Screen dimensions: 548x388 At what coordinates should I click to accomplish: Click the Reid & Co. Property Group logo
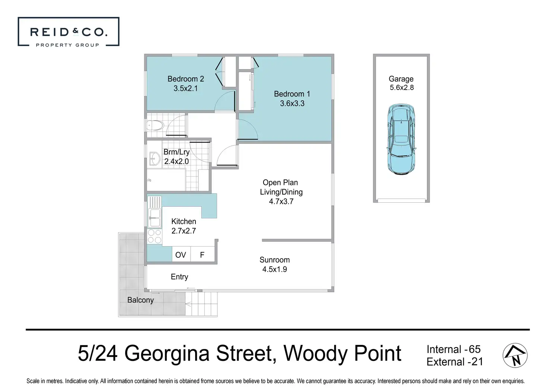click(x=68, y=32)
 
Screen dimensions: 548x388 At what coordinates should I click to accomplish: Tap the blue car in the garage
click(x=401, y=139)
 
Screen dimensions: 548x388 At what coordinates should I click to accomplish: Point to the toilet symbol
click(x=155, y=126)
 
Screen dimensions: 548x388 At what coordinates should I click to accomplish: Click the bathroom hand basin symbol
click(x=154, y=158)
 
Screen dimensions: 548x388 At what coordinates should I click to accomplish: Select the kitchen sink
click(x=154, y=212)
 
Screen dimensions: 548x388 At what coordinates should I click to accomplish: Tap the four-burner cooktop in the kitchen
click(x=154, y=236)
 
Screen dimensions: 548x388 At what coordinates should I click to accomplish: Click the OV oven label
click(x=181, y=255)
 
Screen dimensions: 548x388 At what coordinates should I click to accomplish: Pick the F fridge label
click(x=202, y=255)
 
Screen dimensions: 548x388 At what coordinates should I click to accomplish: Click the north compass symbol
click(x=515, y=356)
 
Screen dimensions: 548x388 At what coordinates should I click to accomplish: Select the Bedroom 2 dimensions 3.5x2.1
click(x=186, y=88)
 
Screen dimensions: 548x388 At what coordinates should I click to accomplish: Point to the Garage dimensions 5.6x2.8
click(x=402, y=87)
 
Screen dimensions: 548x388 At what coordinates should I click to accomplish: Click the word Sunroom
click(x=274, y=260)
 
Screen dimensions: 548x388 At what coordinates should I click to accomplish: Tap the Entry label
click(x=179, y=277)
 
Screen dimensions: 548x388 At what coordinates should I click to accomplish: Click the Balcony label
click(x=140, y=300)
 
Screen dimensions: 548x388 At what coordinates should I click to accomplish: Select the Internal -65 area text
click(x=453, y=349)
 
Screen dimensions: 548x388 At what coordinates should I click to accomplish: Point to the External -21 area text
click(x=455, y=362)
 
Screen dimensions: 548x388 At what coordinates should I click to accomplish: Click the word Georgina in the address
click(x=167, y=353)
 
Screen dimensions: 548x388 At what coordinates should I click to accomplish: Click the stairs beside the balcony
click(x=201, y=304)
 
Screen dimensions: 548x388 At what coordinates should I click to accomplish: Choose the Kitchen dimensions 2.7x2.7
click(x=184, y=231)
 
